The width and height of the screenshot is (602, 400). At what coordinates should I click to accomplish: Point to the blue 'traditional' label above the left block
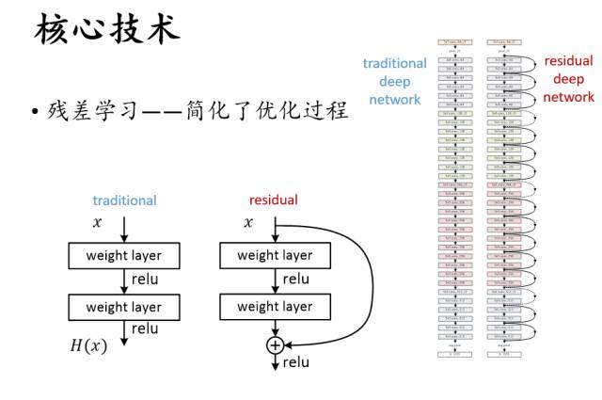tap(124, 200)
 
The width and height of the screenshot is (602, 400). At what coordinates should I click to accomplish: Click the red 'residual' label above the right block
tap(274, 200)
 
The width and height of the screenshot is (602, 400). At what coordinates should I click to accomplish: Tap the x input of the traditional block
tap(96, 223)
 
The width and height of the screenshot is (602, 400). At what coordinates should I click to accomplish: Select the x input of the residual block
tap(248, 223)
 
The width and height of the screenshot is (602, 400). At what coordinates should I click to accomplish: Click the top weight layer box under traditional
tap(124, 255)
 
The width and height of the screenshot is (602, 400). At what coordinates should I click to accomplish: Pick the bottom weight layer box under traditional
tap(124, 307)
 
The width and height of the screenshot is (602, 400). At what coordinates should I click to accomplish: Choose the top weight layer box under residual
tap(275, 255)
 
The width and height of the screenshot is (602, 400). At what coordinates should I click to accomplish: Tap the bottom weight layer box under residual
tap(275, 307)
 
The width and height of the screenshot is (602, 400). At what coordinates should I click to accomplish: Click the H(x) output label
tap(88, 345)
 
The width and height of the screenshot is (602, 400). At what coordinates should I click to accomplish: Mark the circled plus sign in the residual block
tap(275, 345)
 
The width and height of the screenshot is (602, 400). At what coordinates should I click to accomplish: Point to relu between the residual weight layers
tap(295, 280)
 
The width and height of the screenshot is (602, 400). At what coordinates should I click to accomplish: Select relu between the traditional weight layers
tap(145, 280)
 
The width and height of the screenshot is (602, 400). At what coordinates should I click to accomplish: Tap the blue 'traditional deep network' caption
tap(395, 80)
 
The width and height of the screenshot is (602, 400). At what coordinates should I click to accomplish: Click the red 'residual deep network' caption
tap(568, 79)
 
